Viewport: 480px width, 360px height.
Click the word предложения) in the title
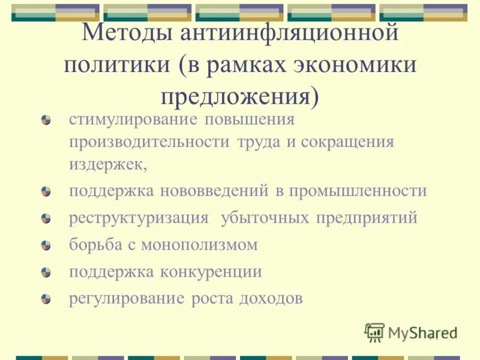pyautogui.click(x=239, y=97)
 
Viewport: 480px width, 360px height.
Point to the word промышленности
pyautogui.click(x=358, y=191)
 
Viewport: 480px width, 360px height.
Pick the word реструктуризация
pyautogui.click(x=139, y=218)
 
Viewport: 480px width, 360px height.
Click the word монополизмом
pyautogui.click(x=200, y=245)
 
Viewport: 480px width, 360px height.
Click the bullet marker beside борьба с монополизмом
pyautogui.click(x=46, y=245)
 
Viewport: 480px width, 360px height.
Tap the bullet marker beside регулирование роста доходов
pyautogui.click(x=46, y=298)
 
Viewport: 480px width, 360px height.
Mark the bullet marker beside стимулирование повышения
pyautogui.click(x=46, y=120)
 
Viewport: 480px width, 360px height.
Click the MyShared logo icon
pyautogui.click(x=374, y=332)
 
